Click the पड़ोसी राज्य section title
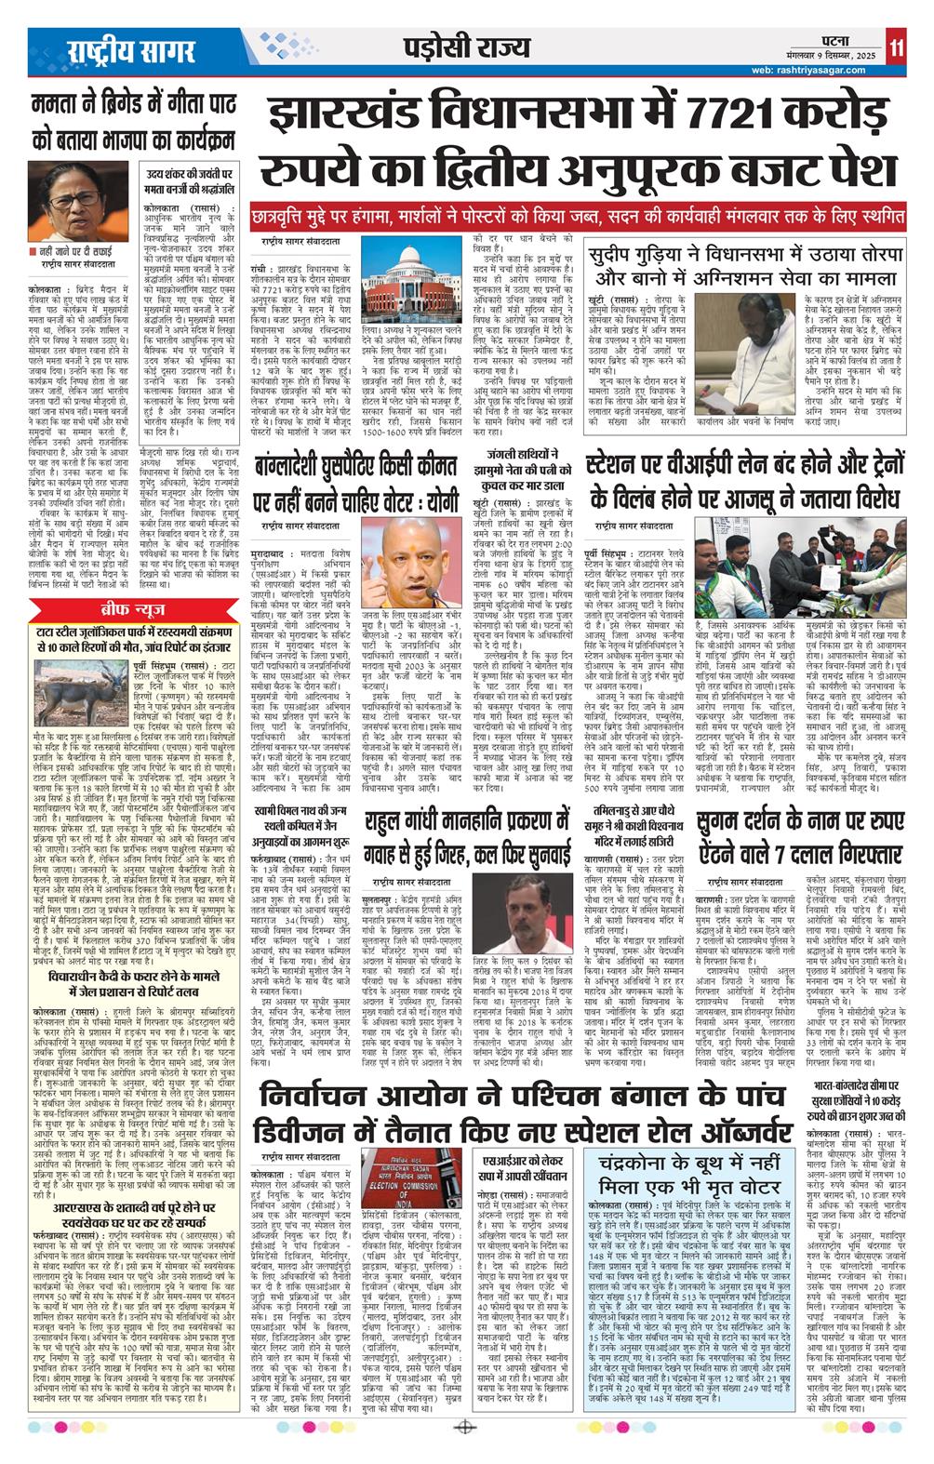[470, 48]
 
